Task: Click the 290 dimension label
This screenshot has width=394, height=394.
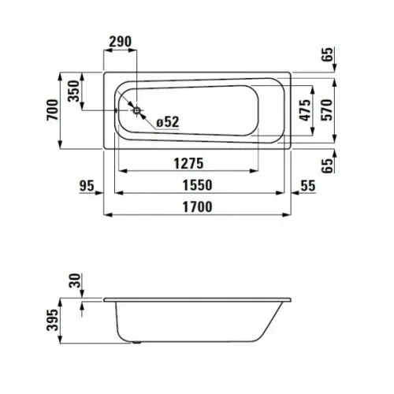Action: pos(121,42)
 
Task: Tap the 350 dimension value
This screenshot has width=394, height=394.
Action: pos(73,91)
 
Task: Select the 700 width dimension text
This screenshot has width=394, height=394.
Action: pos(52,110)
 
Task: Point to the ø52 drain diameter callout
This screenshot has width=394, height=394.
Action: pos(168,122)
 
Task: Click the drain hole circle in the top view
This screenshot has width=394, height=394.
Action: pos(136,110)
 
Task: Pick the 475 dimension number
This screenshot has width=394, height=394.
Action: pos(305,110)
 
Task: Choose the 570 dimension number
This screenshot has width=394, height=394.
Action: pos(327,110)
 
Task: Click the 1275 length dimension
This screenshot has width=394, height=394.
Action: pos(188,163)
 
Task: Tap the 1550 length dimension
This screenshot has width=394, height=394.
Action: pos(197,185)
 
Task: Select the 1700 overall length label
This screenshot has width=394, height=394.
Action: pos(197,207)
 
